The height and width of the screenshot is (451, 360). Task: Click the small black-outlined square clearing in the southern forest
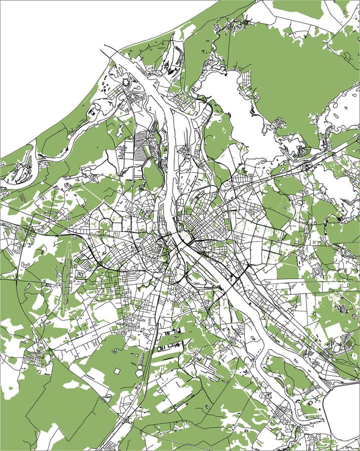[x=117, y=371]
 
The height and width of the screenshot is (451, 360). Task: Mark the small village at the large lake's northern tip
[x=230, y=25]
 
